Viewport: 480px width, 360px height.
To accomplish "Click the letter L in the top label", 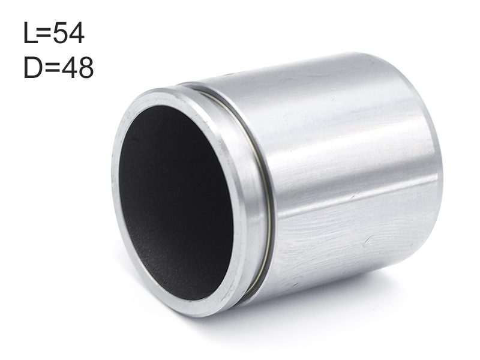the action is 30,33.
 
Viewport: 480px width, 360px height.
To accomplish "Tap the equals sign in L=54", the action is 44,34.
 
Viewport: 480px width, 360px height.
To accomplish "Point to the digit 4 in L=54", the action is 77,33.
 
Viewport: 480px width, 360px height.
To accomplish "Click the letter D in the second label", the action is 33,67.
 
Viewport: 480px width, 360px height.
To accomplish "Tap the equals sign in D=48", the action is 52,68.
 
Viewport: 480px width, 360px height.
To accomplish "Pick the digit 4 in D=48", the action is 69,67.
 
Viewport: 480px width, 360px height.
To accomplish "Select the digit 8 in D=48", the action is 86,67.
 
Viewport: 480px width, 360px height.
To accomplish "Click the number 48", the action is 77,67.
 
